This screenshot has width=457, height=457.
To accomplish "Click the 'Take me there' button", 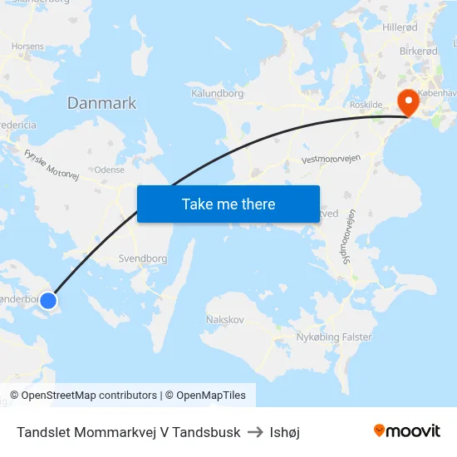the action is [228, 204].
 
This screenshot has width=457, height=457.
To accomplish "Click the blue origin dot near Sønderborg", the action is [48, 301].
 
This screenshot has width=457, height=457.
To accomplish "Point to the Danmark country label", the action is [101, 103].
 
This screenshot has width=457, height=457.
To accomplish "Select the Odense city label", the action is [110, 169].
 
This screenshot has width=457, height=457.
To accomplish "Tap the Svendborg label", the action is [143, 258].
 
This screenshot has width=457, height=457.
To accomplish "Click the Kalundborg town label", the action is [217, 94].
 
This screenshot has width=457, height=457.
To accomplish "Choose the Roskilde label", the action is [365, 106].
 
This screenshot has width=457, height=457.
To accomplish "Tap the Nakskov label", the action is [224, 319].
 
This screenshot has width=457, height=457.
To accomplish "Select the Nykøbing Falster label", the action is [334, 337].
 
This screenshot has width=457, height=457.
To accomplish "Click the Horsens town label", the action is [27, 47].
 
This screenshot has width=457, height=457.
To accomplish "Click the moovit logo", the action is [406, 430].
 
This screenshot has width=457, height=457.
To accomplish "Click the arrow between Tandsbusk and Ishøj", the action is [255, 432].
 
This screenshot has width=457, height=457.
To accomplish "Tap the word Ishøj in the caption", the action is [285, 432].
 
